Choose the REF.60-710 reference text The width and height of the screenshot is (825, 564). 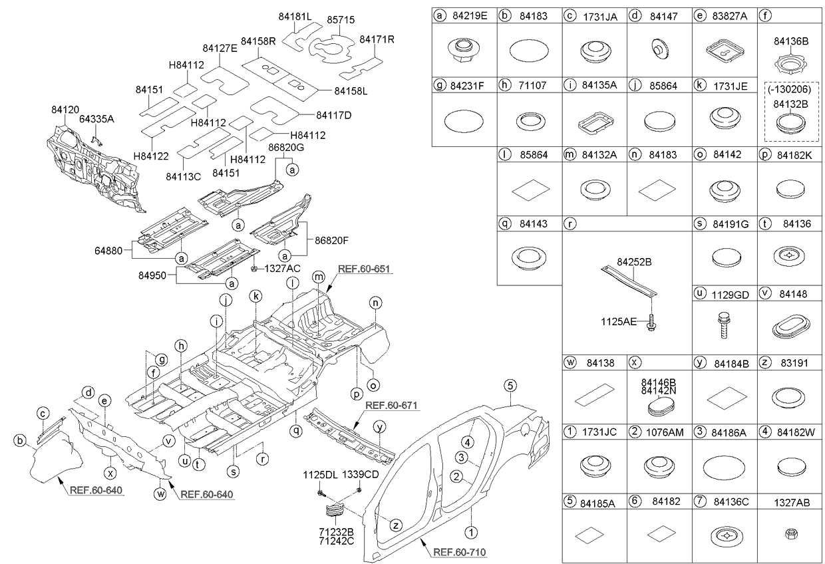[x=457, y=551]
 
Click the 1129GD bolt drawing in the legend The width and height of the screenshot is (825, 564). [x=724, y=327]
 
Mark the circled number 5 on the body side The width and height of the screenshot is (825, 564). [x=510, y=384]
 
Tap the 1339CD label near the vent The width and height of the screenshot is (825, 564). [x=360, y=476]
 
